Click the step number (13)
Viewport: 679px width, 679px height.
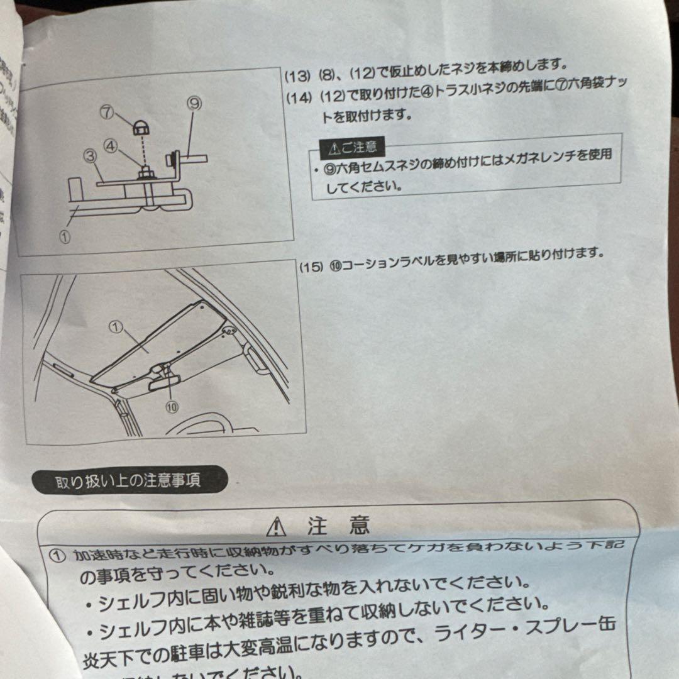click(x=297, y=76)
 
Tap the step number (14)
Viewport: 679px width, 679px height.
click(x=298, y=98)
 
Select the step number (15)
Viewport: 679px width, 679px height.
click(x=311, y=267)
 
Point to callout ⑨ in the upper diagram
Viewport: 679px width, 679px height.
click(x=194, y=104)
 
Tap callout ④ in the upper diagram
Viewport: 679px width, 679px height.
click(x=110, y=146)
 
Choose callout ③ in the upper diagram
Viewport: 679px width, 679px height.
click(x=89, y=155)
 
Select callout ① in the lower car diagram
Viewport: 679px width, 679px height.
click(x=114, y=326)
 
